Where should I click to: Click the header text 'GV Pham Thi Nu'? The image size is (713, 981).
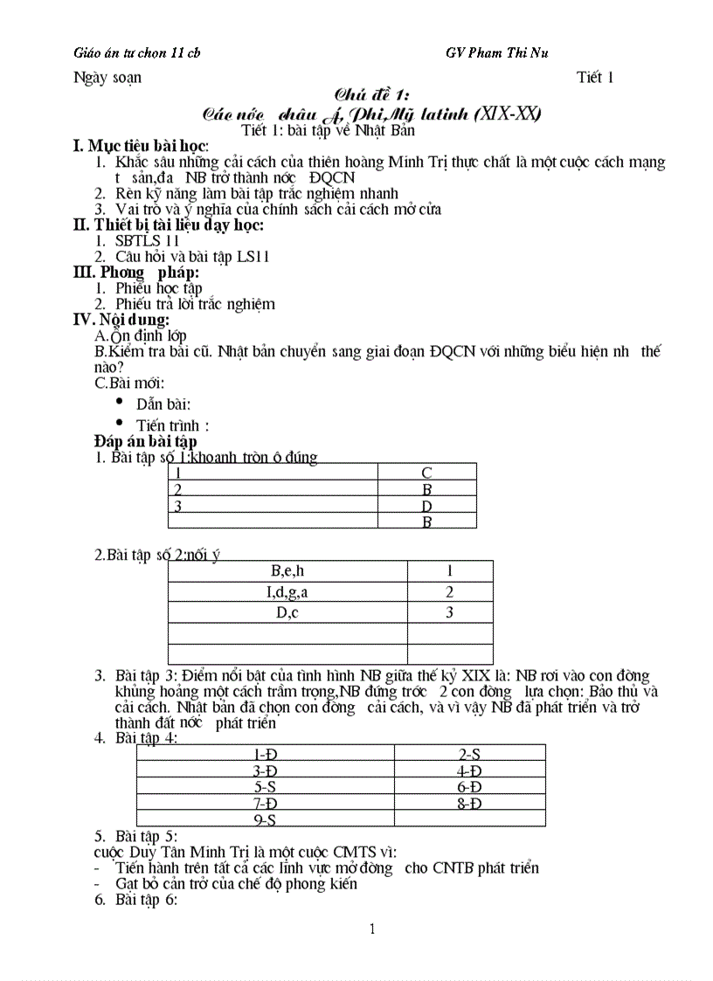(496, 52)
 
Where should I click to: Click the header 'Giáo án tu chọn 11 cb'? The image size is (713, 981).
(137, 52)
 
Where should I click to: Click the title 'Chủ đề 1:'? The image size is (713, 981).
(373, 95)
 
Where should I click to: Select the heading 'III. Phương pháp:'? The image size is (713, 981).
(136, 272)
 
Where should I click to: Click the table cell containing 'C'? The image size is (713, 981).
(426, 473)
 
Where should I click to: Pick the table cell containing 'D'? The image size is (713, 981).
(426, 506)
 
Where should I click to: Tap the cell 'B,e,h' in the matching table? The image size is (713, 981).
(287, 571)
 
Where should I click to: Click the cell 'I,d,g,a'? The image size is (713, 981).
(287, 591)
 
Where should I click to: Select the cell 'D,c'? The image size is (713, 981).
(287, 612)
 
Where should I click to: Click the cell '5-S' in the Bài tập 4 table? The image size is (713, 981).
(265, 786)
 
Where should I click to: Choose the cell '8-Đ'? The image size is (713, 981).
(470, 803)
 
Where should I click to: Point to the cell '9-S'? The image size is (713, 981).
(265, 819)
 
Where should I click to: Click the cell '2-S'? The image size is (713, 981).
(470, 753)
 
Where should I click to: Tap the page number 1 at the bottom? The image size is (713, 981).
(372, 929)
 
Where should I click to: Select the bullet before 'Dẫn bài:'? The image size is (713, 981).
(119, 401)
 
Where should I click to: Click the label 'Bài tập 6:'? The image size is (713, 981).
(146, 900)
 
